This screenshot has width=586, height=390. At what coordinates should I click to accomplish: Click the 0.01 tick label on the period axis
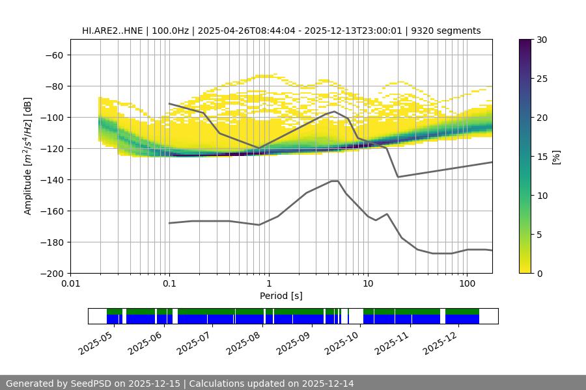pyautogui.click(x=70, y=284)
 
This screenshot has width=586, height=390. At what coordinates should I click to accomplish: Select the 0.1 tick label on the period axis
pyautogui.click(x=169, y=284)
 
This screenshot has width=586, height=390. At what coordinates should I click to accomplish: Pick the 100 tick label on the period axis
pyautogui.click(x=466, y=284)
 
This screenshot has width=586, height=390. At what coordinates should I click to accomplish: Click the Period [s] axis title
pyautogui.click(x=281, y=296)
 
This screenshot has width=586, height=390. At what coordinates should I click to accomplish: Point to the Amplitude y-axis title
pyautogui.click(x=28, y=156)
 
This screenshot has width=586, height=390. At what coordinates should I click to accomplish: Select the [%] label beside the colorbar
pyautogui.click(x=556, y=157)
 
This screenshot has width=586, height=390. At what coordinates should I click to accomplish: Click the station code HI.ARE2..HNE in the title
pyautogui.click(x=113, y=31)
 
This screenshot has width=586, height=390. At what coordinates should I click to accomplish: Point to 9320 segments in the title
pyautogui.click(x=449, y=31)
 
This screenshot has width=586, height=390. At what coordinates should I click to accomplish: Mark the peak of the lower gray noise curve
pyautogui.click(x=335, y=181)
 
